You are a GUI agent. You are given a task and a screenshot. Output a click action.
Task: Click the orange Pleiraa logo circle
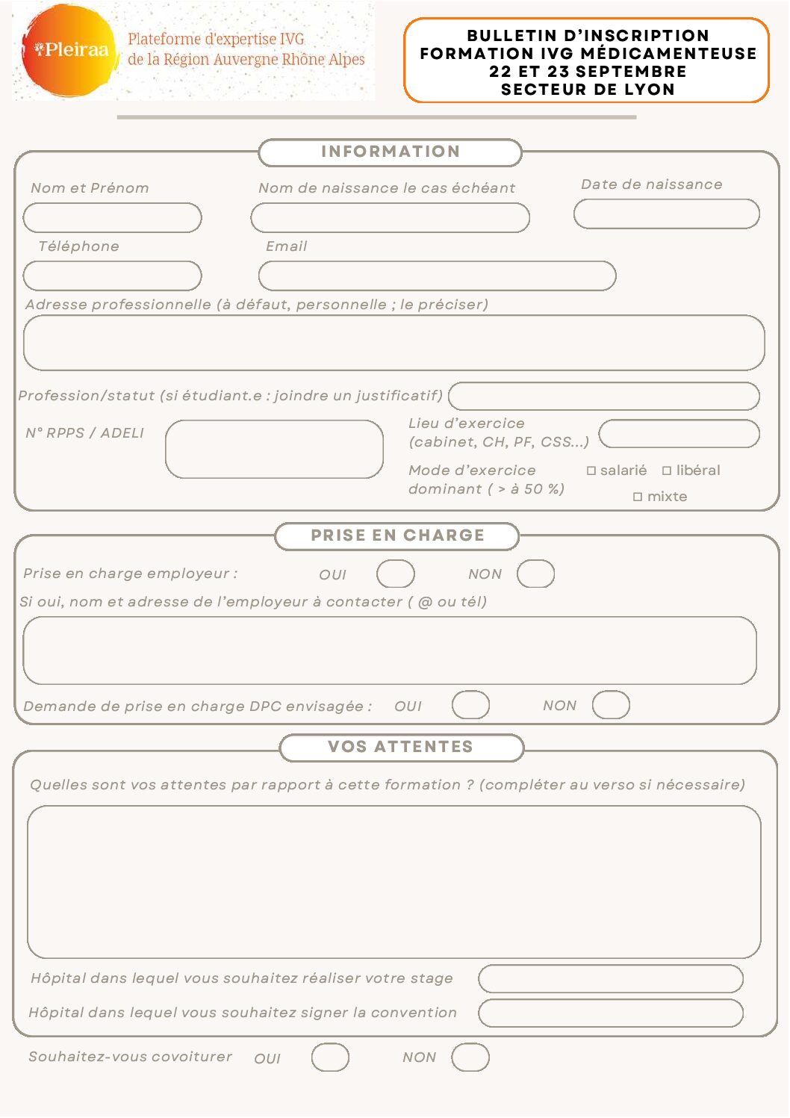pos(69,51)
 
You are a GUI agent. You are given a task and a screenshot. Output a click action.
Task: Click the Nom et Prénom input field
pos(112,218)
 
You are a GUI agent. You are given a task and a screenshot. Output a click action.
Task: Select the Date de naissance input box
pos(666,214)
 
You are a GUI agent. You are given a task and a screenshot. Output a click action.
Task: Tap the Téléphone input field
pos(112,276)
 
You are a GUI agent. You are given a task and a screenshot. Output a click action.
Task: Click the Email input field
pos(437,276)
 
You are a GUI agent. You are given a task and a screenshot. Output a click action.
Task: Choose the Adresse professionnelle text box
pos(394,344)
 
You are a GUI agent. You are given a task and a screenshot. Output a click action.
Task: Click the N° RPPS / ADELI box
pos(274,450)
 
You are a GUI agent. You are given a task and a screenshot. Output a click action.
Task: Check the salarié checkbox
pos(591,471)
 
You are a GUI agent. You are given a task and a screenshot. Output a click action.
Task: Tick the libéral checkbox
pos(667,471)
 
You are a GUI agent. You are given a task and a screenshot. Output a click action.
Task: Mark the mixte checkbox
pos(638,497)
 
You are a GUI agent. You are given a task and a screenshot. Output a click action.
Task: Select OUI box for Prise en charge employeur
pos(395,574)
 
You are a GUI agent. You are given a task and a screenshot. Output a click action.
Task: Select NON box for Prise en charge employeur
pos(535,574)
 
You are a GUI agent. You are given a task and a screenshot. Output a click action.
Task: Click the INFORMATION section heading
pos(390,152)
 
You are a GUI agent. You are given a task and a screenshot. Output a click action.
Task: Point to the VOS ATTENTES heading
pos(401,748)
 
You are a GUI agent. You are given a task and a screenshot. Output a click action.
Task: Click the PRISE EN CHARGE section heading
pos(397,536)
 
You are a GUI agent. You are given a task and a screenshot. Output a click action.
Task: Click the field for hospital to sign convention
pos(610,1013)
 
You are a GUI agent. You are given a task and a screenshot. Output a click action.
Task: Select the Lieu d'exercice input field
pos(679,434)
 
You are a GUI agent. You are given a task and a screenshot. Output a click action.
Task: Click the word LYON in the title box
pos(649,90)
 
